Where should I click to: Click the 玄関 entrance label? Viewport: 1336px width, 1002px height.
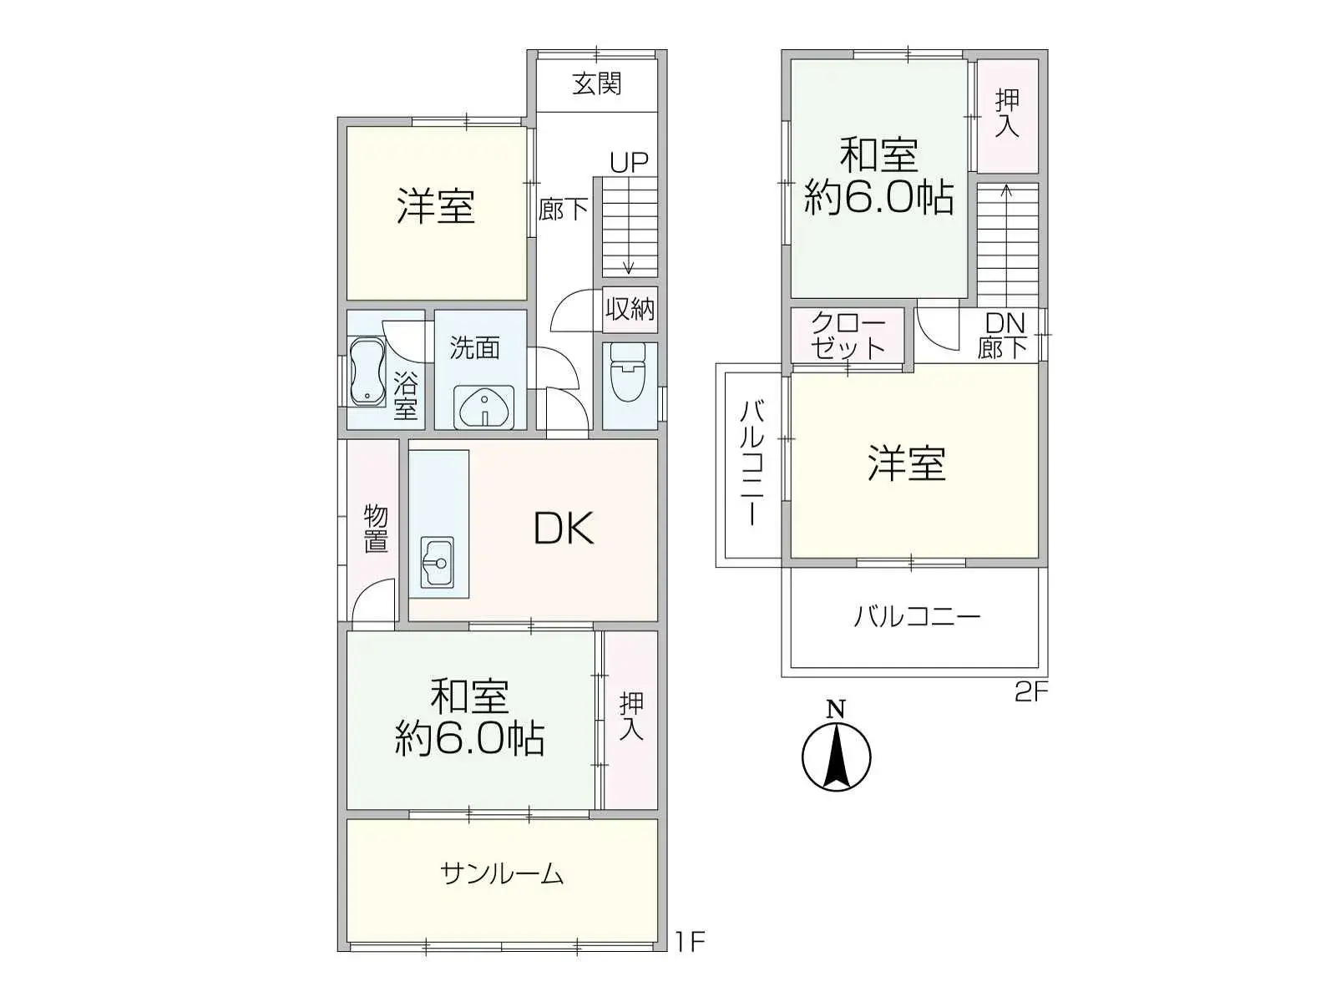click(596, 83)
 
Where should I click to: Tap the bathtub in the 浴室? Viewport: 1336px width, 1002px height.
click(365, 372)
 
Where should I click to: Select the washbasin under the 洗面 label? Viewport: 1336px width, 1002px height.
click(484, 407)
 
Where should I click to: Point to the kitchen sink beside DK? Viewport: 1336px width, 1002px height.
click(438, 562)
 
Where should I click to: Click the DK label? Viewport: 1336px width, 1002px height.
click(564, 529)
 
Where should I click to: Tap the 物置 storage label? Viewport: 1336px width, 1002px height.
click(376, 529)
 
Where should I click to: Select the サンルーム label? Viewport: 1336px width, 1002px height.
click(502, 873)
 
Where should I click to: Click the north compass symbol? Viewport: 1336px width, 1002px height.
click(836, 753)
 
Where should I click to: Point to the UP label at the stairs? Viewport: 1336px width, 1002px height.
click(629, 162)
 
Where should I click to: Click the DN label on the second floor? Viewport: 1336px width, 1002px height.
click(1005, 323)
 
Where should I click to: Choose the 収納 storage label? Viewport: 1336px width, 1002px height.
click(630, 309)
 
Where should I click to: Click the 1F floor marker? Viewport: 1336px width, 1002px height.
click(691, 943)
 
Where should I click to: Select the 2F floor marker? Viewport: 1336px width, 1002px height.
click(1030, 692)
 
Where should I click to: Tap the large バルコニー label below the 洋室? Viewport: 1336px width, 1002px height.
click(917, 618)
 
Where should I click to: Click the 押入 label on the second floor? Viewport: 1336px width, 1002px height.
click(1007, 114)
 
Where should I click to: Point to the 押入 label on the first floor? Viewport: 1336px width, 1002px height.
click(630, 716)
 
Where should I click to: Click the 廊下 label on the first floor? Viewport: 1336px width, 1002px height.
click(563, 209)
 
